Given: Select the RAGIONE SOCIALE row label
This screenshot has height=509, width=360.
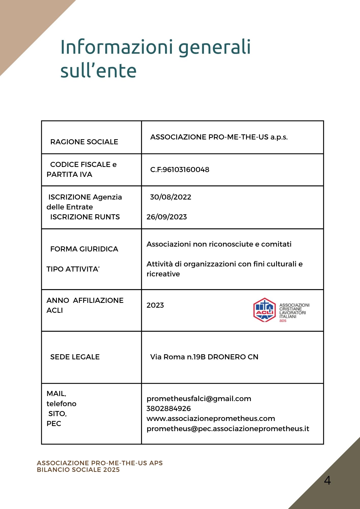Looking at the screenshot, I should (x=84, y=142).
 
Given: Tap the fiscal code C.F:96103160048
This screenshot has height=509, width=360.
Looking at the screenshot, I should (x=179, y=169).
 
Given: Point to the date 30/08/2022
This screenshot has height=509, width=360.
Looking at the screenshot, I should (x=170, y=197).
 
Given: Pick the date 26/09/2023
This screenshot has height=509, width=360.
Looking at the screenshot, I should (x=167, y=217).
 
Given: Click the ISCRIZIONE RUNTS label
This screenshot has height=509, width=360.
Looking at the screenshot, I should (x=85, y=217).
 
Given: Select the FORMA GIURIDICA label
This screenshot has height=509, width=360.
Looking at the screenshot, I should (x=84, y=249).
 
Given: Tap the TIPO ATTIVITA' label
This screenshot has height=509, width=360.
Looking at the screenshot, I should (x=73, y=269).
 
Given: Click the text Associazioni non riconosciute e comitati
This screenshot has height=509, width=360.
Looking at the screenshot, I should (x=219, y=244).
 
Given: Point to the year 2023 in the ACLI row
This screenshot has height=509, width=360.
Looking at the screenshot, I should (x=155, y=305).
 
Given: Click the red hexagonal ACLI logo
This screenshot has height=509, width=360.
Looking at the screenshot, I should (x=265, y=310).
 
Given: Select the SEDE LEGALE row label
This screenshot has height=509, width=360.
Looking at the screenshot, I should (x=75, y=357).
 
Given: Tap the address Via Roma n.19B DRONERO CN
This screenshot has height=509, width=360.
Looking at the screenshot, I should (x=204, y=357).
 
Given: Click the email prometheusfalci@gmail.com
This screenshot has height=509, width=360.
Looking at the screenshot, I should (x=199, y=399).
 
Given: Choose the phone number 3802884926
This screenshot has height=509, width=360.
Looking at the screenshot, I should (x=168, y=408).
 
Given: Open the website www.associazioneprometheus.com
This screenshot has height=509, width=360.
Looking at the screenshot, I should (x=211, y=418).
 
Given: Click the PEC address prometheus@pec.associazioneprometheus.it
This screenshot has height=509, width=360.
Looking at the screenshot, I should (x=228, y=429).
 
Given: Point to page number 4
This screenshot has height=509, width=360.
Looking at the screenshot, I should (x=327, y=480).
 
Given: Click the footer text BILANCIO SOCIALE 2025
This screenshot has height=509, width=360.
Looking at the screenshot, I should (x=78, y=470).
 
